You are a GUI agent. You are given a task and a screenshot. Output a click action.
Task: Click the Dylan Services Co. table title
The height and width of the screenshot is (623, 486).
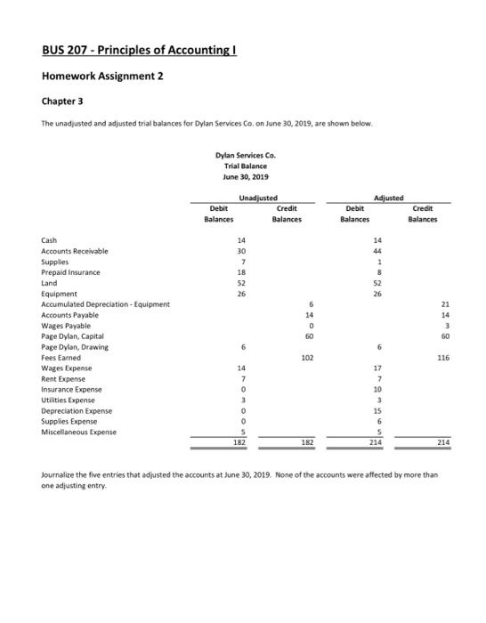[241, 156]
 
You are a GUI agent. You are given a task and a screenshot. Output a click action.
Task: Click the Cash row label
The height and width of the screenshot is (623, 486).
[50, 240]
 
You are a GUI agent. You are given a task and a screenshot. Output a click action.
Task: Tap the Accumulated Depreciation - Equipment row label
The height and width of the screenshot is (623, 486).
[106, 304]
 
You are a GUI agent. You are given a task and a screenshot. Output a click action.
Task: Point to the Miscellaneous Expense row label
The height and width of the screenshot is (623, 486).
[79, 432]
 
